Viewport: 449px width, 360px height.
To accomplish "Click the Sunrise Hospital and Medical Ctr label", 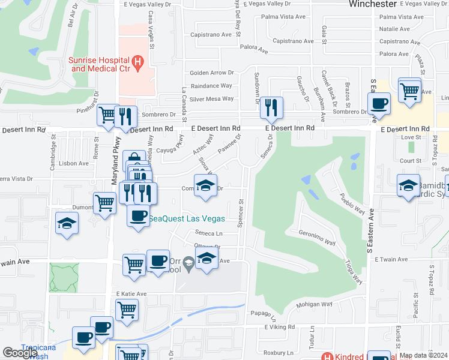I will point(99,64).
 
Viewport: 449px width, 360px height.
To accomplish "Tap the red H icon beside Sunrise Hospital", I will point(139,61).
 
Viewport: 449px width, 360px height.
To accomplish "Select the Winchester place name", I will point(372,4).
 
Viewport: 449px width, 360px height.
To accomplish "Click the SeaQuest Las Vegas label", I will point(187,218).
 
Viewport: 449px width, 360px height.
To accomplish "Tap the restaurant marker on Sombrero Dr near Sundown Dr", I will point(271,108).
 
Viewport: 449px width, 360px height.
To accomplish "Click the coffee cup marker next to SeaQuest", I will point(138,215).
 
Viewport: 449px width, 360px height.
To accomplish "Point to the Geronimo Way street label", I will point(316,237).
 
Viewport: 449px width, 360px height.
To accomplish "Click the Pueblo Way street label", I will point(352,203).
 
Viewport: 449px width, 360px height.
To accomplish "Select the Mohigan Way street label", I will point(314,304).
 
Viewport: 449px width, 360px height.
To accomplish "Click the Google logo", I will point(20,353).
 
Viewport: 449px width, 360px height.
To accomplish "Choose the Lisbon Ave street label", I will point(74,163).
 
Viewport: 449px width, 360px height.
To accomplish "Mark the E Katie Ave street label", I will point(130,294).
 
